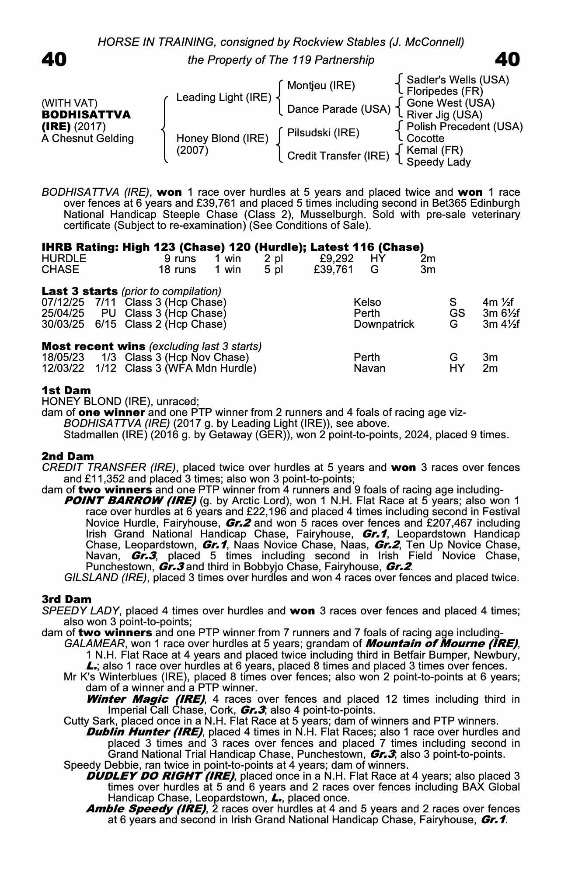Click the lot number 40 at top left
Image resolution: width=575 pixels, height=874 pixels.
[x=54, y=60]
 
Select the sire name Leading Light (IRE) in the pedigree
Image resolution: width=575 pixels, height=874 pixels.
[x=224, y=97]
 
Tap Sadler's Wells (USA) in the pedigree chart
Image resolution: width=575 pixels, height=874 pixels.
[x=458, y=80]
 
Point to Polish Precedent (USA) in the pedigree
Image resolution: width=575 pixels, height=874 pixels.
[x=464, y=127]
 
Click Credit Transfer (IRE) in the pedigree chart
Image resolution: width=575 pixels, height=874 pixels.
[x=338, y=156]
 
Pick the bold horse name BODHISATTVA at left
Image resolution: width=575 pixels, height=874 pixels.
[x=86, y=115]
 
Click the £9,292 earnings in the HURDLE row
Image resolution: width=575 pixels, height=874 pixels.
[x=337, y=259]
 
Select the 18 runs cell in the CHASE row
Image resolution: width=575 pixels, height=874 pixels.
[x=177, y=270]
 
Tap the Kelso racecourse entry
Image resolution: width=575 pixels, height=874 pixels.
[x=367, y=302]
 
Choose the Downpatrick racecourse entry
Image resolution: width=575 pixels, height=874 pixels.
[x=383, y=324]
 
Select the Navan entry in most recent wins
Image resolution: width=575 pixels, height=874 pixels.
[x=369, y=368]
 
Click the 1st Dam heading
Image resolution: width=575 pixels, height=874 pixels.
[x=66, y=390]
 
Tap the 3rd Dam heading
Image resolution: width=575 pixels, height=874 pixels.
[x=66, y=599]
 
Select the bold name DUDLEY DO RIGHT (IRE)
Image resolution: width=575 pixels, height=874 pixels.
[x=160, y=776]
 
